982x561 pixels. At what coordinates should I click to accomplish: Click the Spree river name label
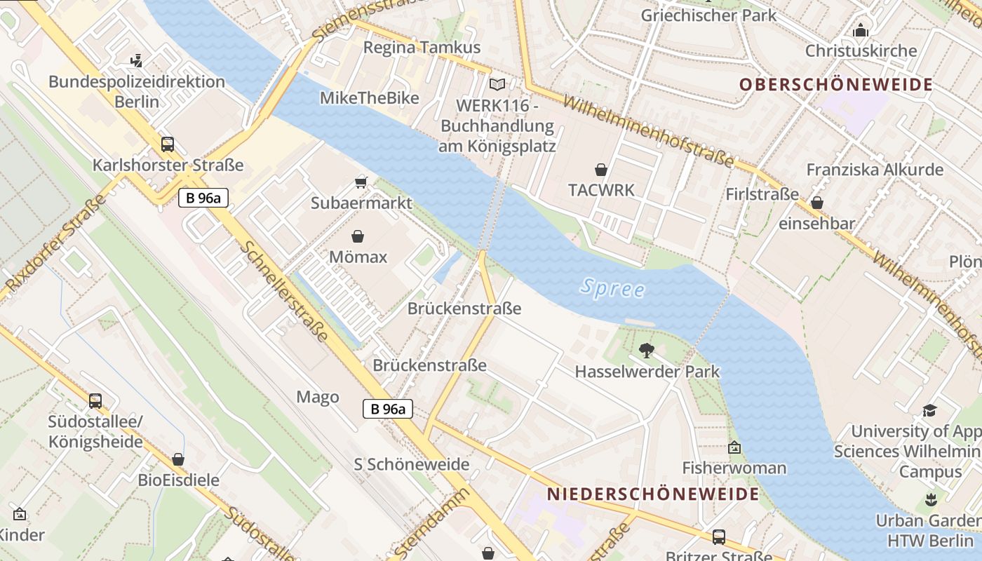612,288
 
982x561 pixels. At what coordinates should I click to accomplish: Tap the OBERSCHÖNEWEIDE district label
836,85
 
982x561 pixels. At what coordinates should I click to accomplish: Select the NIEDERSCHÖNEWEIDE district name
653,494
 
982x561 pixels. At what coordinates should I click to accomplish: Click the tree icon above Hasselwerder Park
646,350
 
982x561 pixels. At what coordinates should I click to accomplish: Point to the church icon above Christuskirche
861,30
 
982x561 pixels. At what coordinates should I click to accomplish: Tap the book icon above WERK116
497,84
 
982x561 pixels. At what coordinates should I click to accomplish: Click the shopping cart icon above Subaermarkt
361,182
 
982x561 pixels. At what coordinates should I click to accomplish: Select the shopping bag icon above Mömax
358,236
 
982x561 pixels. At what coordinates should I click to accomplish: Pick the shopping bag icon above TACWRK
601,170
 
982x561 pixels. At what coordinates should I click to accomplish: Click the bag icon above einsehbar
816,203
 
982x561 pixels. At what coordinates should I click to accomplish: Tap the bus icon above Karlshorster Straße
168,144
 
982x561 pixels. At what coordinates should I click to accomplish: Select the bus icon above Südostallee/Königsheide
95,401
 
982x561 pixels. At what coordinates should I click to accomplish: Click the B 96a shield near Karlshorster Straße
203,198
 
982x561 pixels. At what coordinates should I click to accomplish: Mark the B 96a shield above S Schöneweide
388,409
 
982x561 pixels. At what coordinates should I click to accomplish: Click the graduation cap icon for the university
929,410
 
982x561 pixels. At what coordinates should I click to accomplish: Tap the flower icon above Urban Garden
930,500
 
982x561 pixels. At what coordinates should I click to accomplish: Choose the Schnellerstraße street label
284,292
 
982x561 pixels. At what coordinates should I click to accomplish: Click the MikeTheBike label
369,97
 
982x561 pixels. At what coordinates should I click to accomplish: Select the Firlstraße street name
762,194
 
